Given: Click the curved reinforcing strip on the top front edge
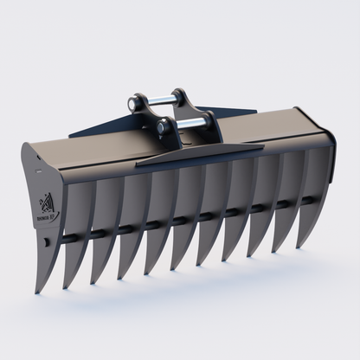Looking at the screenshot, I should tap(199, 155).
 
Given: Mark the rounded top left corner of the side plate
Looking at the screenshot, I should tap(26, 148).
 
